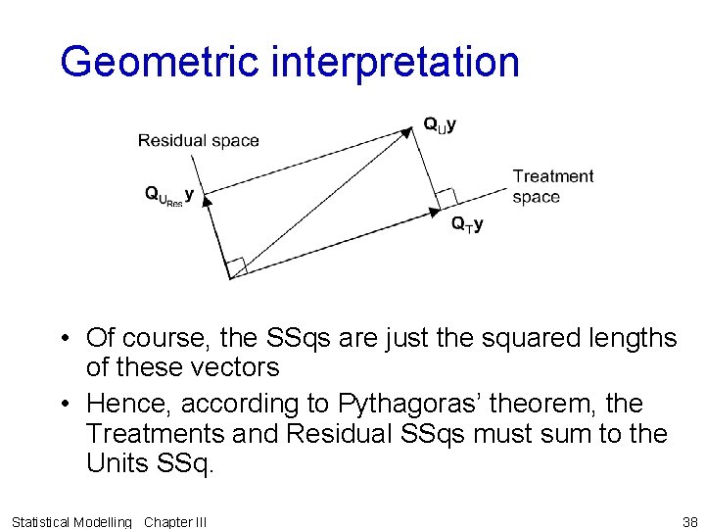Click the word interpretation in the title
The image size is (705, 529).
pos(395,63)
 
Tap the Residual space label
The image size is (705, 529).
pos(198,140)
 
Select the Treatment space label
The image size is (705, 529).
pos(551,186)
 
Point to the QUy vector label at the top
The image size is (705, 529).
pos(440,125)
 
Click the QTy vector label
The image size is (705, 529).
pos(466,224)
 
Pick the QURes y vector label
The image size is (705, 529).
pos(168,196)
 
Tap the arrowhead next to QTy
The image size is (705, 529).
pos(435,209)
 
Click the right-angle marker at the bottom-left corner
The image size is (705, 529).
pos(236,266)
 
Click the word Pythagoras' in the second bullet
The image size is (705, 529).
pos(460,403)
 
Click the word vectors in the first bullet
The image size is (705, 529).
pos(235,367)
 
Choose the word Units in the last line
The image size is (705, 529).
pos(117,463)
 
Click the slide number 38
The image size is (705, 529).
pos(689,522)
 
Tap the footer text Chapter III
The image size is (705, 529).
pos(175,522)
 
